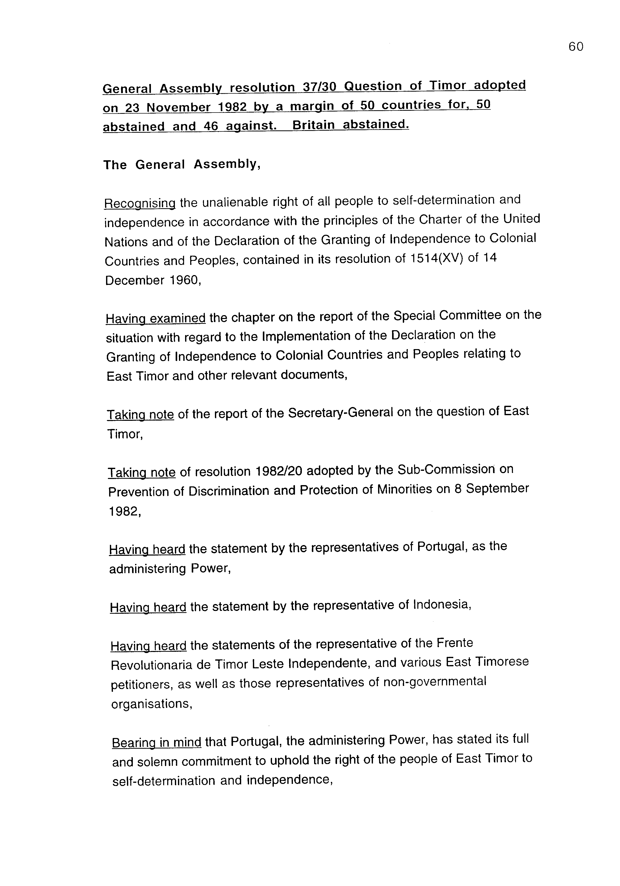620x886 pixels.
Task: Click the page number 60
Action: point(576,47)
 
